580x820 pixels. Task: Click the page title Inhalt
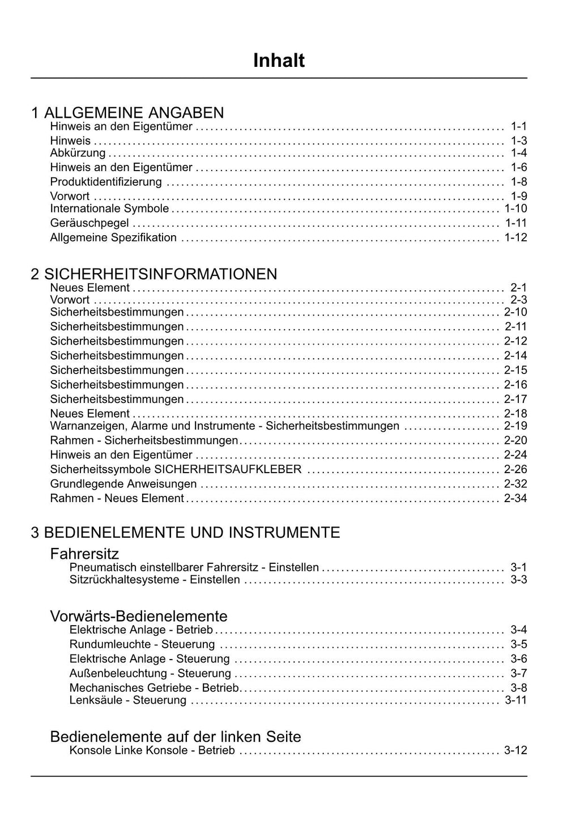(x=279, y=61)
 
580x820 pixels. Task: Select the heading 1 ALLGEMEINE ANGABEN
(x=127, y=113)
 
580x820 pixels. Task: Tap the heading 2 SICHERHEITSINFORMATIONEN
(x=154, y=274)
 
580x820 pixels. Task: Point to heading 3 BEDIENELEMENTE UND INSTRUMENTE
(x=186, y=533)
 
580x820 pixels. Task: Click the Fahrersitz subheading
(x=84, y=554)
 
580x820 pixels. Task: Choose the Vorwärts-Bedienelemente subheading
(x=139, y=617)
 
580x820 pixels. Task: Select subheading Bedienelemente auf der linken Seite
(x=176, y=737)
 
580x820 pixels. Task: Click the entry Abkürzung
(x=78, y=153)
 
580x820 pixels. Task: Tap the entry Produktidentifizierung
(x=106, y=182)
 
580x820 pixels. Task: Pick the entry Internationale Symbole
(x=109, y=209)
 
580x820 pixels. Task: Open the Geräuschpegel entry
(x=89, y=223)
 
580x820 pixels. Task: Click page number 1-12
(x=515, y=237)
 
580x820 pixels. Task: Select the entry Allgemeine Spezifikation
(x=113, y=237)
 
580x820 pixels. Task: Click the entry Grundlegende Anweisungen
(x=123, y=484)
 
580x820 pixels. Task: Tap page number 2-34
(x=515, y=498)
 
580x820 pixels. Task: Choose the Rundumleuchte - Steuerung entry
(x=142, y=644)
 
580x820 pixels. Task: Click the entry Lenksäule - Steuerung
(x=128, y=700)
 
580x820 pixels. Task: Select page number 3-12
(x=515, y=750)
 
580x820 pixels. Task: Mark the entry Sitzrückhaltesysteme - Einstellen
(x=155, y=580)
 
